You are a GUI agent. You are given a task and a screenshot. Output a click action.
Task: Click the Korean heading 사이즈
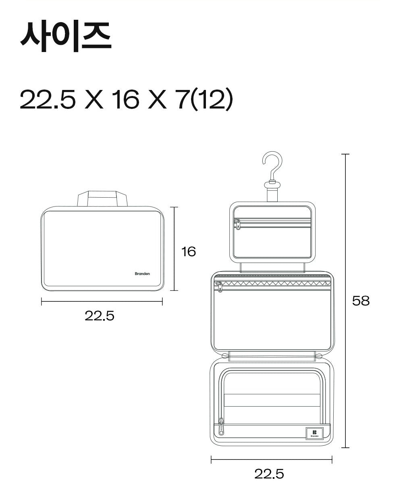click(66, 37)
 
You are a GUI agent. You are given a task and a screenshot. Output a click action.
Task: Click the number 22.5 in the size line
click(48, 99)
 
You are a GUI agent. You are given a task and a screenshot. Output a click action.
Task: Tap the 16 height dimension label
click(189, 252)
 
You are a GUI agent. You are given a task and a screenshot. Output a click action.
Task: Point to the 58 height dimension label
click(361, 301)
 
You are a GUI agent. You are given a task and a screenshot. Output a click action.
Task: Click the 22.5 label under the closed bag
click(100, 316)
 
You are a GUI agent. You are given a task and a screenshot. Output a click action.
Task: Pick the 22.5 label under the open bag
click(269, 474)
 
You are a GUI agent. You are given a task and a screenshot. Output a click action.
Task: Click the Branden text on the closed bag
click(142, 274)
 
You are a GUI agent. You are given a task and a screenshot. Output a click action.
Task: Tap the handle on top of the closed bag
click(102, 198)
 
